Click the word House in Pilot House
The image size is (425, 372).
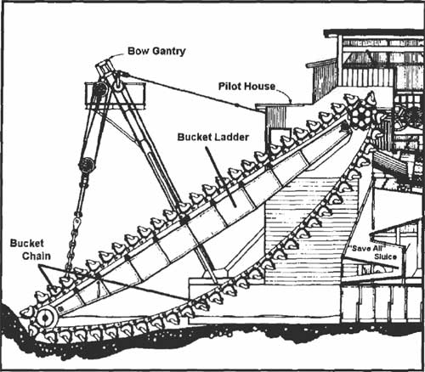(x=260, y=87)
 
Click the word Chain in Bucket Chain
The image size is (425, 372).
(x=37, y=256)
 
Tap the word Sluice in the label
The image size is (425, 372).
(x=385, y=256)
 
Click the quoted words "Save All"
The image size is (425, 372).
(x=366, y=249)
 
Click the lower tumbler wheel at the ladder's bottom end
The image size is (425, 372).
(x=46, y=318)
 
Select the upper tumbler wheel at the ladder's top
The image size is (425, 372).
(x=362, y=115)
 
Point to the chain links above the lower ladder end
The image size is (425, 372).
(x=71, y=249)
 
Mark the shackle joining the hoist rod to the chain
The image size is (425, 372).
(x=76, y=221)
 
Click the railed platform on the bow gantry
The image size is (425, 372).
(x=115, y=96)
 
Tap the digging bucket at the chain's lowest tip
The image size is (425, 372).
(x=28, y=312)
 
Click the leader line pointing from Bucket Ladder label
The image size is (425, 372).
(x=220, y=177)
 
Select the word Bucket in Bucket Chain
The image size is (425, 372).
(x=27, y=243)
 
